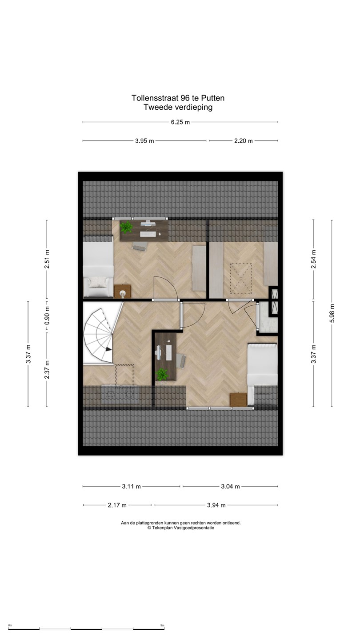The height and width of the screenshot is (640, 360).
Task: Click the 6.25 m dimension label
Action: click(x=180, y=122)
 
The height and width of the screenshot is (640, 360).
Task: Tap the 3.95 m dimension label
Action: click(x=144, y=141)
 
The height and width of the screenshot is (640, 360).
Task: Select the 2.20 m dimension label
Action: click(x=244, y=141)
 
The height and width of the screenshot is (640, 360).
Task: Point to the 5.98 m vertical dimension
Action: click(x=332, y=313)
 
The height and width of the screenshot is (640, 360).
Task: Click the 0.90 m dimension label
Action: click(x=47, y=316)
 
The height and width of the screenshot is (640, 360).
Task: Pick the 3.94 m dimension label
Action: click(x=216, y=505)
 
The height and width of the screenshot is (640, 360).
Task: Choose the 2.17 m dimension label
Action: click(x=117, y=505)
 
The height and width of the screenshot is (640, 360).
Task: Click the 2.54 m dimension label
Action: click(x=313, y=259)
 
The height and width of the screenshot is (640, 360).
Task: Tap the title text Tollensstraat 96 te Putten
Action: click(x=178, y=98)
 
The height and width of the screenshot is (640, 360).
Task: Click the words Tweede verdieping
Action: click(x=178, y=107)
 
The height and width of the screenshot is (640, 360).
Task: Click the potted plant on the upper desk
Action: click(x=126, y=227)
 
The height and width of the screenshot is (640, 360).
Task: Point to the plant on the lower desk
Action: click(x=162, y=374)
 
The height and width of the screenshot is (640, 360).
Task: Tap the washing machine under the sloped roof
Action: click(x=130, y=395)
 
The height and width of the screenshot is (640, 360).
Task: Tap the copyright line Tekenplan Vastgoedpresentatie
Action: click(x=181, y=528)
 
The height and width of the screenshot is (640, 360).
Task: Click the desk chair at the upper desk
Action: click(x=140, y=246)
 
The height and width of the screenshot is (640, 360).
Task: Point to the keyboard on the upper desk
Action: click(x=148, y=234)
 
